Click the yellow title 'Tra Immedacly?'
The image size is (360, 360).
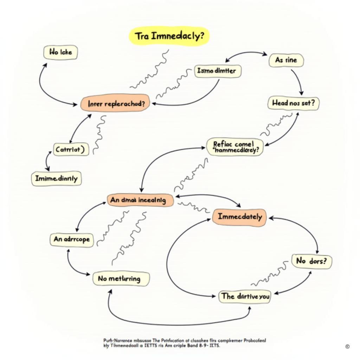click(x=169, y=37)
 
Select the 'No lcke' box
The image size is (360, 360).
click(x=60, y=52)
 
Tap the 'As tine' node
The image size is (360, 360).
click(x=286, y=60)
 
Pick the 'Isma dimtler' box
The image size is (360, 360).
click(x=218, y=71)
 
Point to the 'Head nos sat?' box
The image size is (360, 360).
click(x=293, y=103)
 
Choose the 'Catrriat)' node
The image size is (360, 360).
click(x=71, y=149)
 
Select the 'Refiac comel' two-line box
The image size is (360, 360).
click(x=234, y=147)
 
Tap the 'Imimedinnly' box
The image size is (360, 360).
click(x=56, y=179)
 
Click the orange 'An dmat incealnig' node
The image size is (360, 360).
click(x=140, y=200)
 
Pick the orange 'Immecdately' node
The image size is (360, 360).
click(x=239, y=217)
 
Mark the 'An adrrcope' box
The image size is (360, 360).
click(x=72, y=240)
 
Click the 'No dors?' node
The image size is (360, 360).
click(x=311, y=262)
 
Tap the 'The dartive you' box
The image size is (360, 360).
click(x=245, y=296)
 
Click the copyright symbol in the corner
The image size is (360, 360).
click(x=347, y=347)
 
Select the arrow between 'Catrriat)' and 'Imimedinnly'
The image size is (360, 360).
click(x=47, y=162)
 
